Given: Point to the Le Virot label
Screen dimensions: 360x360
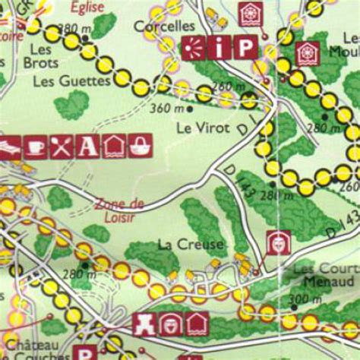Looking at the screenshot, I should point(202,128).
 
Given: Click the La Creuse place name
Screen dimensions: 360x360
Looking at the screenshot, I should point(191,245).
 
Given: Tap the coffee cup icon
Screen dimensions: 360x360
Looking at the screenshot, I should point(34,147).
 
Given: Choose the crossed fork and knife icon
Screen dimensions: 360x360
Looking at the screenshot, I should point(61,147).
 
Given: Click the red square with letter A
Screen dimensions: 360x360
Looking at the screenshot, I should point(87,147).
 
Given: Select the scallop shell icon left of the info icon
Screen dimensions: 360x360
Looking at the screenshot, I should point(195,48).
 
